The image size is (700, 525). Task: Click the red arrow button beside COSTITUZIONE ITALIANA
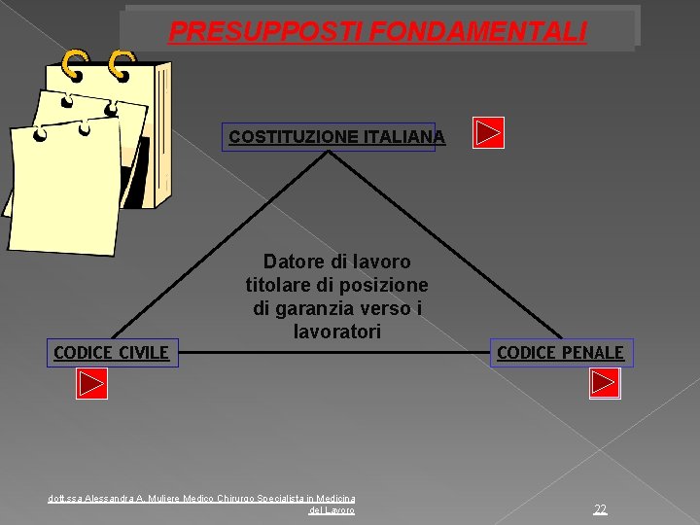tap(488, 132)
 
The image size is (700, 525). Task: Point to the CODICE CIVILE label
tap(111, 352)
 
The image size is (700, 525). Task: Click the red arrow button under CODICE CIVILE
tap(91, 385)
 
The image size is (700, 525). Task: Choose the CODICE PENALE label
tap(560, 352)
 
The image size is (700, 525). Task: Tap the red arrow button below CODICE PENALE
tap(605, 385)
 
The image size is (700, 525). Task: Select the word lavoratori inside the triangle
tap(336, 332)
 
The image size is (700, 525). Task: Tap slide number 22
tap(600, 508)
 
